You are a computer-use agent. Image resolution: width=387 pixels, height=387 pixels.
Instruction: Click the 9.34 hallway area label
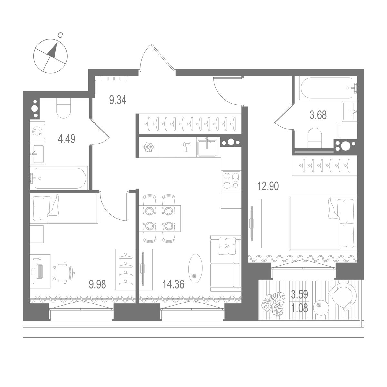coord(117,100)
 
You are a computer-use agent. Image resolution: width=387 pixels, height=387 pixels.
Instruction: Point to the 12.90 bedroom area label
coord(268,186)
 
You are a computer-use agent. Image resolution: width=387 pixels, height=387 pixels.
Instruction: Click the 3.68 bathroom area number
coord(318,115)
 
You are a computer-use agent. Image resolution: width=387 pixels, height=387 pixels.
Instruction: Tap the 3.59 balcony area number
coord(300,294)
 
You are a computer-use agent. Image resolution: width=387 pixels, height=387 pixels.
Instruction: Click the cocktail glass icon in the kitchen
coord(186,147)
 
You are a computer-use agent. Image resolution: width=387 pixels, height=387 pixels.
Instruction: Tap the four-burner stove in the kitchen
coord(231,180)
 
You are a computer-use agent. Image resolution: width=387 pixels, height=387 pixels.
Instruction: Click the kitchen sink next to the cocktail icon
coord(207,147)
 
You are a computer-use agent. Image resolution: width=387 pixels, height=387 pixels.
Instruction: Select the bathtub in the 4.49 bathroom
coord(59,178)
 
